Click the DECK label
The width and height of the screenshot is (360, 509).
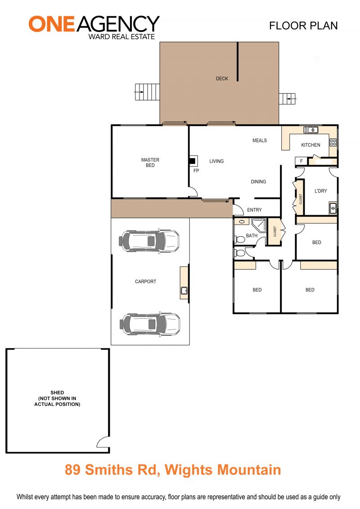(x=222, y=79)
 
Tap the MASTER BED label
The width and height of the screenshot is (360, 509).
(x=150, y=162)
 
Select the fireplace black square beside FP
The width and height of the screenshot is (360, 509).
(x=193, y=160)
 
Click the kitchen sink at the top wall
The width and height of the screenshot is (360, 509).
(x=310, y=130)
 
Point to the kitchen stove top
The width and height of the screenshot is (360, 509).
(x=333, y=142)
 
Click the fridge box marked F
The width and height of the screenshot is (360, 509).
(x=301, y=161)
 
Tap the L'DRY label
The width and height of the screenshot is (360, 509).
(x=321, y=191)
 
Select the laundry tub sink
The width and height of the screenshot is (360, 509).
(x=333, y=208)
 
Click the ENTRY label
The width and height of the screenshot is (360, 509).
(x=254, y=210)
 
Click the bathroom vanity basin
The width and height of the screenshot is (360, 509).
(x=242, y=222)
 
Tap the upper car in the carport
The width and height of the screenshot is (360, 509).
(x=149, y=241)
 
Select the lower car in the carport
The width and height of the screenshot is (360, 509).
(x=150, y=324)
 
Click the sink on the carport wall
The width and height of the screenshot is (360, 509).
(x=184, y=290)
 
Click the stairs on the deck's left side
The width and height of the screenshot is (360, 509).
(x=148, y=92)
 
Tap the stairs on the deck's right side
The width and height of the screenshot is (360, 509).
(x=287, y=99)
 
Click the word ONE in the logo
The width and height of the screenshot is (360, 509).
(x=52, y=24)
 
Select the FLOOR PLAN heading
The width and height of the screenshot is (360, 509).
(x=303, y=26)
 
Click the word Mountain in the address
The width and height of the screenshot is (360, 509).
(x=249, y=470)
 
